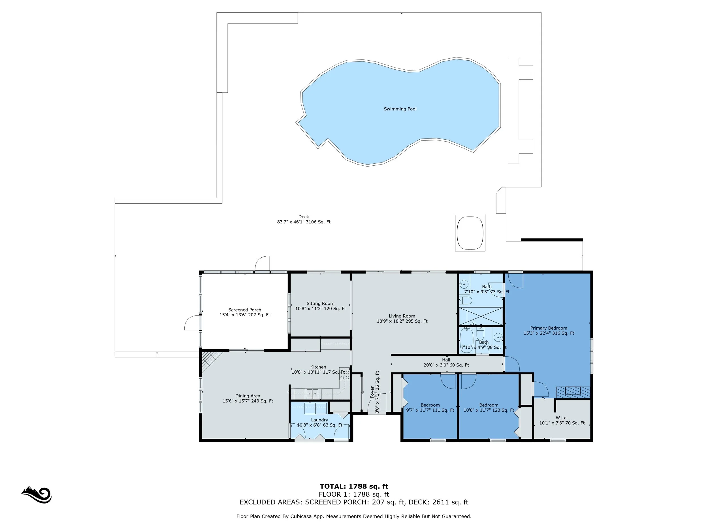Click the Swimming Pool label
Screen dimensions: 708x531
[x=400, y=109]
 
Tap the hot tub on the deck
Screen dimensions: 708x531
[x=470, y=233]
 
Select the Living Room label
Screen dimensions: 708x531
[x=402, y=319]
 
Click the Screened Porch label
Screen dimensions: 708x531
[x=245, y=312]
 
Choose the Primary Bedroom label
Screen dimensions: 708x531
[x=549, y=330]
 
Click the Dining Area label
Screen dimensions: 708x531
[x=248, y=398]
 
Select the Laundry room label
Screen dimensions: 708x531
[x=320, y=423]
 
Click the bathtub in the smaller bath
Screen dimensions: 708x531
[x=467, y=341]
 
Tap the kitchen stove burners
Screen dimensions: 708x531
[x=345, y=375]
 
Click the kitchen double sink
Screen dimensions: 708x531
[x=312, y=393]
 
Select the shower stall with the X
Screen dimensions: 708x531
[x=481, y=316]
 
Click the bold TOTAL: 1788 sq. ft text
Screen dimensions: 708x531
[x=354, y=487]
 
